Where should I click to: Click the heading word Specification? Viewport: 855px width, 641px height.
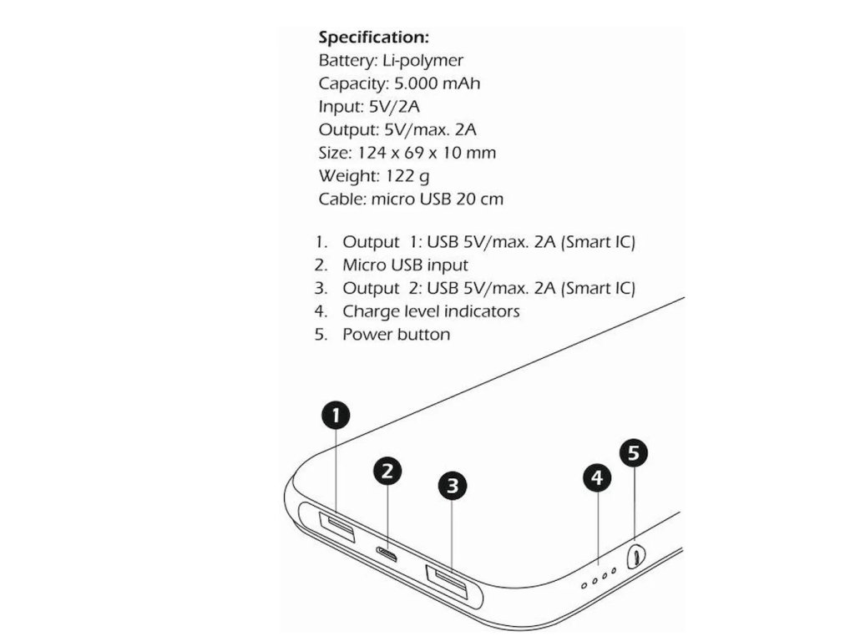373,38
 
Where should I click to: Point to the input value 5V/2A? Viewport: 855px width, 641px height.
396,107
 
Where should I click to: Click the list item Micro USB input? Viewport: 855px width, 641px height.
405,265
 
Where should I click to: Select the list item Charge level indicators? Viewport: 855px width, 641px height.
431,311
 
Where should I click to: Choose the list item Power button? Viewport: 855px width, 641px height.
396,335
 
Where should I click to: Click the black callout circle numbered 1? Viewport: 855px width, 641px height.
335,415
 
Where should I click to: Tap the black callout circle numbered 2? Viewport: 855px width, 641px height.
387,472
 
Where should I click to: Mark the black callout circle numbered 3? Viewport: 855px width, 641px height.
452,485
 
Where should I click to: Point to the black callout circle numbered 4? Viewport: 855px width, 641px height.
596,478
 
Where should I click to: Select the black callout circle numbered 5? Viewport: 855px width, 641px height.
634,453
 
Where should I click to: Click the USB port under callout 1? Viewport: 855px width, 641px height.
336,527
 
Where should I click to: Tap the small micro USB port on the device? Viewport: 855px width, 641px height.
387,553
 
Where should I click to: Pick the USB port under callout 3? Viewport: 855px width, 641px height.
448,577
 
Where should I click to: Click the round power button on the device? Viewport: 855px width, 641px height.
636,555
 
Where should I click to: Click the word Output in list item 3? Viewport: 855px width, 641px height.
371,289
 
